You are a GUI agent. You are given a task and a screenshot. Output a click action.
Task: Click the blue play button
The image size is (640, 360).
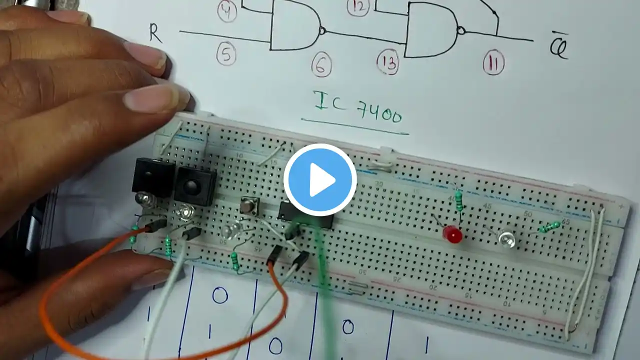tap(320, 179)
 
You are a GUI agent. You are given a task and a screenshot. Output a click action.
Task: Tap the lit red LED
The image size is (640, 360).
tap(452, 234)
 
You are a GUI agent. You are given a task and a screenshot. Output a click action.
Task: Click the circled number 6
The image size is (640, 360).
tap(321, 66)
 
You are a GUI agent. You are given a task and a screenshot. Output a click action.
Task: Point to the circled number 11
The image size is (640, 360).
tap(493, 63)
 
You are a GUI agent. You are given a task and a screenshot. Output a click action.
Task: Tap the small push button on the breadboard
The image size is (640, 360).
tap(247, 205)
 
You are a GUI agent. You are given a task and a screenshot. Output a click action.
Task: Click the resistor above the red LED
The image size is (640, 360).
tap(459, 200)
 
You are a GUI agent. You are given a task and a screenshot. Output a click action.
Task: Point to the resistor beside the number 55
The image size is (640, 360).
tap(549, 227)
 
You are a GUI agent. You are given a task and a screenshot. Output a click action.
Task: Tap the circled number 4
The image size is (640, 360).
tap(227, 12)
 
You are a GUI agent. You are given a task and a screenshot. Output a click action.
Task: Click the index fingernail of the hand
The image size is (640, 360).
tap(150, 98)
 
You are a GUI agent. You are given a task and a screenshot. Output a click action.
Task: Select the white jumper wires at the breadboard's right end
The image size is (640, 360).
tap(584, 275)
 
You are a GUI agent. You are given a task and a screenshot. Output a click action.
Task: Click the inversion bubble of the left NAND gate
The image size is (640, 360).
tap(322, 31)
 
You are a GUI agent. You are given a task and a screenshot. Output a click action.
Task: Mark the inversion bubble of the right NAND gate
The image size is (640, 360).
tap(461, 31)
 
